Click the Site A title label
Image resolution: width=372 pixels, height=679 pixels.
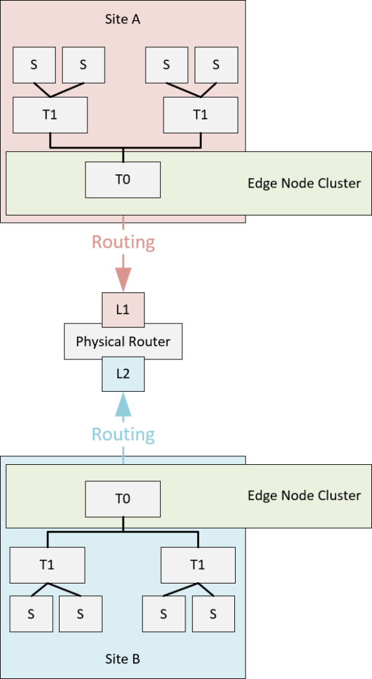(x=122, y=19)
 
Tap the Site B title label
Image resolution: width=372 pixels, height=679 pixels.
(x=122, y=660)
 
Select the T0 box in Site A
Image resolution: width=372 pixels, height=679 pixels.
(x=123, y=180)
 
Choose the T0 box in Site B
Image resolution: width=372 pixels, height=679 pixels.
(x=123, y=499)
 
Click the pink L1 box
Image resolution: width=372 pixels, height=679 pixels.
(x=123, y=310)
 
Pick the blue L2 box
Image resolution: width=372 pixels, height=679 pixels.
(x=123, y=374)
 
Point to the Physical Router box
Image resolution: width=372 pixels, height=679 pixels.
(x=123, y=341)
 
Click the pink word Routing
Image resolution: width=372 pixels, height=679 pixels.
(x=123, y=243)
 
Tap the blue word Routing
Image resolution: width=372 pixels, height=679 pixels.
(x=123, y=434)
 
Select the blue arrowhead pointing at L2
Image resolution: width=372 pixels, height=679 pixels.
(x=123, y=404)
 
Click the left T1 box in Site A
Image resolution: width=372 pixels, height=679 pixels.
(x=50, y=115)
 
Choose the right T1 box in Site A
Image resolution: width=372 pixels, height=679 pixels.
(x=201, y=115)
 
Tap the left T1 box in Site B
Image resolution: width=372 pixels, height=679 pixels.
(x=48, y=565)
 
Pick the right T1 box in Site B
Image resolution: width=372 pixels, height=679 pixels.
(x=198, y=565)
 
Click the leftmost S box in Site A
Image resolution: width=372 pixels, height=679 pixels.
(x=34, y=65)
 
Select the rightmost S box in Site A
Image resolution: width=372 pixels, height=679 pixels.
(x=216, y=65)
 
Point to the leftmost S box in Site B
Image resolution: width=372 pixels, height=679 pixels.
(x=31, y=614)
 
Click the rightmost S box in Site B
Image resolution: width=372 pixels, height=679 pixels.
(x=213, y=614)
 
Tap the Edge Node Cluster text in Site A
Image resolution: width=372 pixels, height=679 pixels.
(x=304, y=183)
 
